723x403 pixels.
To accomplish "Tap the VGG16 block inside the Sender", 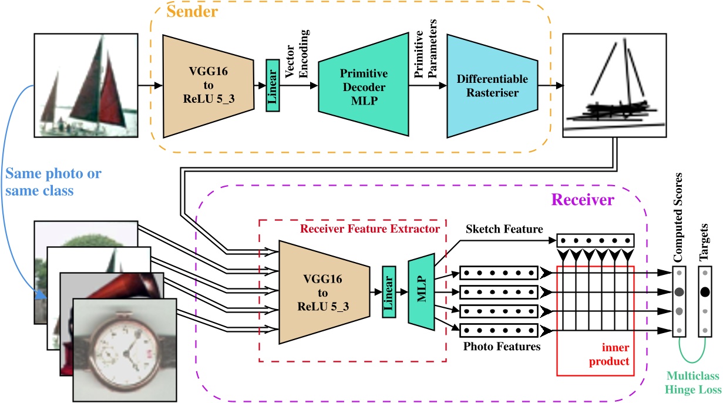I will (208, 86).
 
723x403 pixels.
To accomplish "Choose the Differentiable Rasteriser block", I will (492, 85).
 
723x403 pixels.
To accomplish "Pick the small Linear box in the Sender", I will (273, 86).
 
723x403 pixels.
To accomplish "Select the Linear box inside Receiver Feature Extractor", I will (388, 291).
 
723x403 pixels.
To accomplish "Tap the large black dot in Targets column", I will (705, 291).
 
